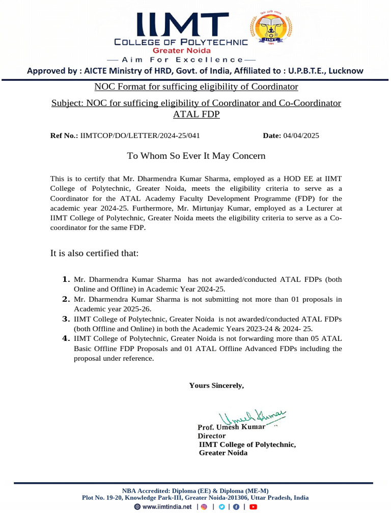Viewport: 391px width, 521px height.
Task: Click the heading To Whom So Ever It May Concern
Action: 196,156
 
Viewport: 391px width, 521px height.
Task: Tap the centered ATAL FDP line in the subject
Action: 196,114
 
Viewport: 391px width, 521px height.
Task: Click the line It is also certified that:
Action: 94,253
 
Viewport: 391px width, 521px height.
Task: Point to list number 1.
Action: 65,279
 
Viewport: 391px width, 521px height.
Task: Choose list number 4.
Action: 65,338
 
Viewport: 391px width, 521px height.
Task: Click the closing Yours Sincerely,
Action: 216,385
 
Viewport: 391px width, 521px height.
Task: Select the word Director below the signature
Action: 211,436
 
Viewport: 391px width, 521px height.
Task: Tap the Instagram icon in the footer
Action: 204,507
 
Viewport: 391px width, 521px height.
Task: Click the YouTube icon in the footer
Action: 253,507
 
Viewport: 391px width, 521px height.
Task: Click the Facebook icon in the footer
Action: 236,507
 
